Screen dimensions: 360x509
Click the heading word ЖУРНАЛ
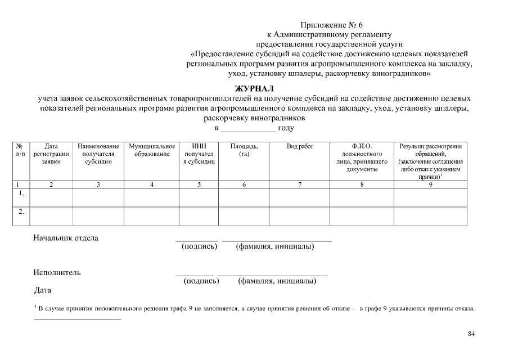click(254, 88)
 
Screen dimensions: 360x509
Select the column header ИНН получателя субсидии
click(199, 154)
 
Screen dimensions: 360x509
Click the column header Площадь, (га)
click(244, 150)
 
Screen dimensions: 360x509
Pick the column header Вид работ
click(299, 146)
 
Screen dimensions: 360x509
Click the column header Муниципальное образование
click(152, 150)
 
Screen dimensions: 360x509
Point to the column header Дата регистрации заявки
click(51, 154)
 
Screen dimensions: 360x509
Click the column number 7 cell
click(299, 184)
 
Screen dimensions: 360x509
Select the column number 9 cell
click(430, 184)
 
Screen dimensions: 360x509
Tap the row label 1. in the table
click(21, 193)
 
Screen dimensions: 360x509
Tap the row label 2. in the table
click(21, 212)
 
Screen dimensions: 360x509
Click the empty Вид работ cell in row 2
click(299, 215)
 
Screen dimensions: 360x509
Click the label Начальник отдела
click(66, 238)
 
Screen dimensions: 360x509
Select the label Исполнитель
click(57, 273)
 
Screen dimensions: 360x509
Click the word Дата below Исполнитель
click(43, 290)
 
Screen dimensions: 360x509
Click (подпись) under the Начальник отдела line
click(199, 247)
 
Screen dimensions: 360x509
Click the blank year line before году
click(247, 128)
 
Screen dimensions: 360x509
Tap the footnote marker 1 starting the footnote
click(35, 306)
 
